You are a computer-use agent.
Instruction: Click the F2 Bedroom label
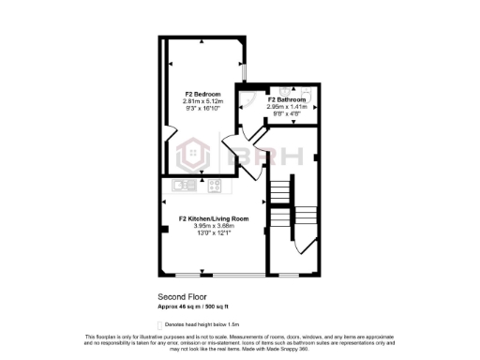point(202,94)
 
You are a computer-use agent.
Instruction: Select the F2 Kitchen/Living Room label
point(207,218)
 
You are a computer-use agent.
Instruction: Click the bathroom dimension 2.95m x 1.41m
point(286,106)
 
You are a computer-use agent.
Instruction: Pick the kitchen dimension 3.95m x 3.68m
point(207,225)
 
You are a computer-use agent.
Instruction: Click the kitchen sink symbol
point(184,185)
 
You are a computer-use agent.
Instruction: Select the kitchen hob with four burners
point(214,185)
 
